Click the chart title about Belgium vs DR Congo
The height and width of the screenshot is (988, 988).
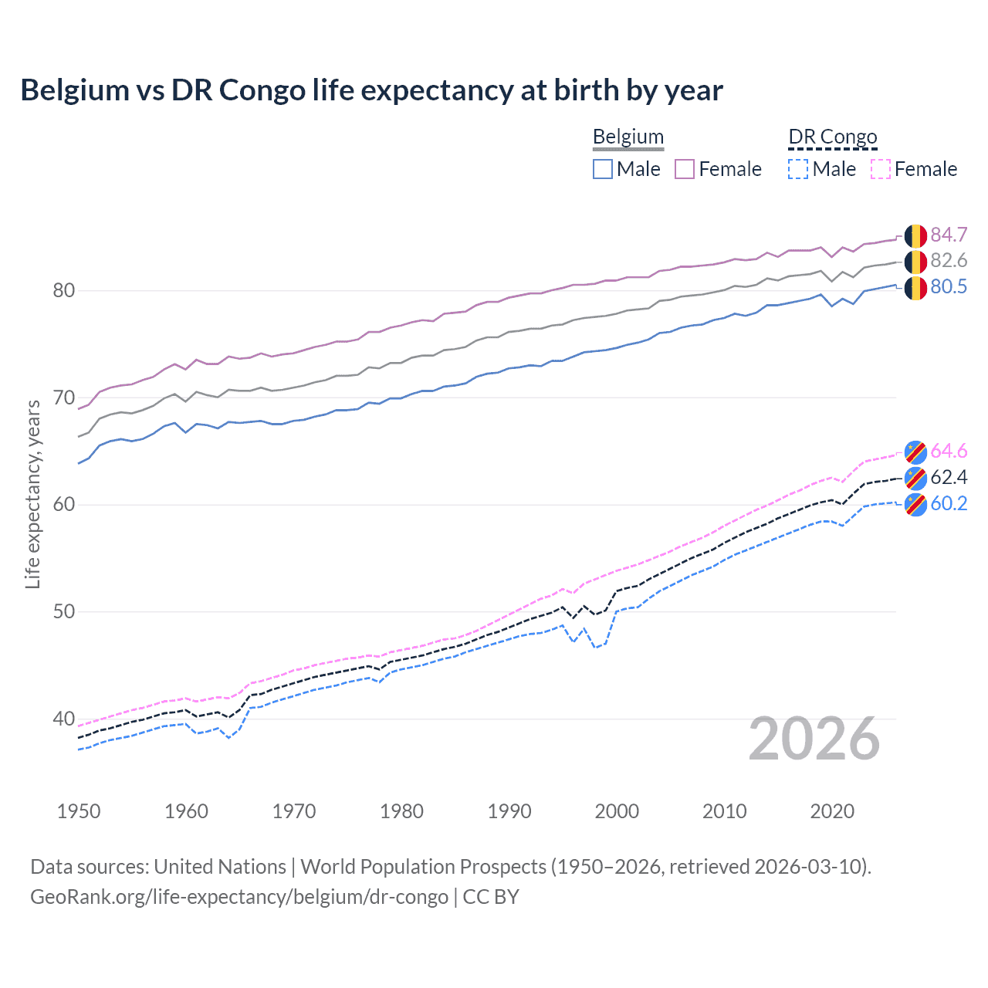(371, 90)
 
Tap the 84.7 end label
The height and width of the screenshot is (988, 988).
(949, 235)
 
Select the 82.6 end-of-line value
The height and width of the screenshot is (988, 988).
(949, 261)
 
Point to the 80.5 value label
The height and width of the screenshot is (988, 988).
(949, 287)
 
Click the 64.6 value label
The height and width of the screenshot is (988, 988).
(949, 452)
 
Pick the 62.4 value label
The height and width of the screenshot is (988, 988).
(949, 478)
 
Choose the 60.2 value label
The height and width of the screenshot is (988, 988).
(949, 504)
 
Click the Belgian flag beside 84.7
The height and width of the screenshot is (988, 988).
(915, 235)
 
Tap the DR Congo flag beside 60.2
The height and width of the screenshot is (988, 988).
(915, 505)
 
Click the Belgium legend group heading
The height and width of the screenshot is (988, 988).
(628, 137)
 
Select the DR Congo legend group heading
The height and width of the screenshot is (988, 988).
(833, 137)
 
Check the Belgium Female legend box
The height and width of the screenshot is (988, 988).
(685, 169)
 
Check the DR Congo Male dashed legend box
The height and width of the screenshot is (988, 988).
(798, 169)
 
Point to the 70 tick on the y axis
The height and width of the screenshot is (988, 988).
(64, 398)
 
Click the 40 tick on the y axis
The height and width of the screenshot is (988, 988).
(64, 719)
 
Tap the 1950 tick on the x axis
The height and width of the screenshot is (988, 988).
(79, 811)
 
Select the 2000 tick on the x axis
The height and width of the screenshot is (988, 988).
(617, 811)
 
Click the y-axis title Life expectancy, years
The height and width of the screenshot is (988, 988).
(32, 494)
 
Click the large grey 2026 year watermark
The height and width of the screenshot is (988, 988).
(814, 739)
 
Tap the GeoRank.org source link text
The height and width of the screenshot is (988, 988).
(239, 897)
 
